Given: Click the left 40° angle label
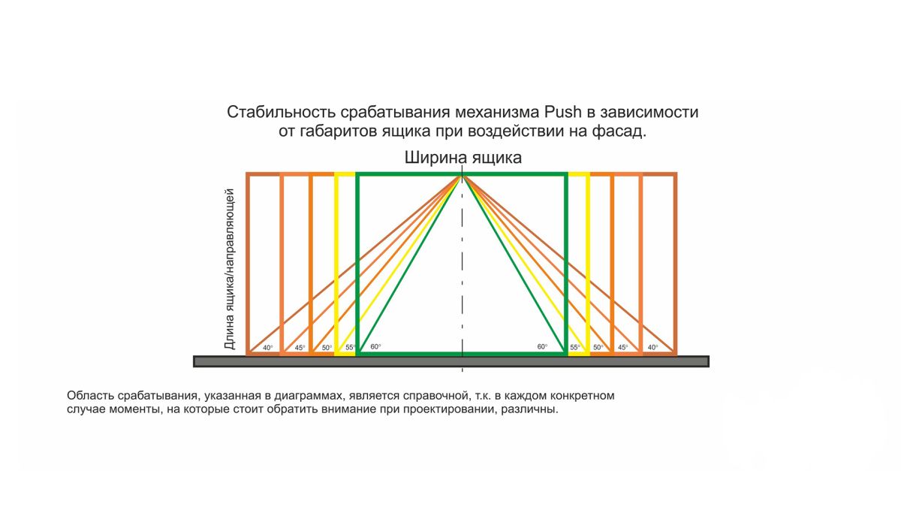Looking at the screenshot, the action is pyautogui.click(x=267, y=348).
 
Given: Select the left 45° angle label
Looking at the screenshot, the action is pyautogui.click(x=300, y=348).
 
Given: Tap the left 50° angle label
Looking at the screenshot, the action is pyautogui.click(x=327, y=348).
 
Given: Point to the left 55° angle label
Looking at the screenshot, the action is pyautogui.click(x=351, y=347).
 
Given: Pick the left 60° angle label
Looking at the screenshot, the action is pyautogui.click(x=375, y=346).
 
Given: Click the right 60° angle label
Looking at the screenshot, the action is pyautogui.click(x=542, y=346).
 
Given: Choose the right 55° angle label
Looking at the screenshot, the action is pyautogui.click(x=575, y=347).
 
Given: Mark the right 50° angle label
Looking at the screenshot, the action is pyautogui.click(x=598, y=347).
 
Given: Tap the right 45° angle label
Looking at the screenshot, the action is pyautogui.click(x=622, y=347).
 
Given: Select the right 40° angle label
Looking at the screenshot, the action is pyautogui.click(x=652, y=347).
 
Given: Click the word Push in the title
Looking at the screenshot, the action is pyautogui.click(x=562, y=112).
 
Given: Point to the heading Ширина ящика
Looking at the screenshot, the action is pyautogui.click(x=463, y=157).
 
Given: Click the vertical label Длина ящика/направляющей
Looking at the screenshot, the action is pyautogui.click(x=229, y=269).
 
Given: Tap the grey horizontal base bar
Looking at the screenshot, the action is pyautogui.click(x=451, y=361).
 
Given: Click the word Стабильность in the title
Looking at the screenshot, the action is pyautogui.click(x=281, y=112).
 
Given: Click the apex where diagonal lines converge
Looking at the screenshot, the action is pyautogui.click(x=463, y=176).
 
